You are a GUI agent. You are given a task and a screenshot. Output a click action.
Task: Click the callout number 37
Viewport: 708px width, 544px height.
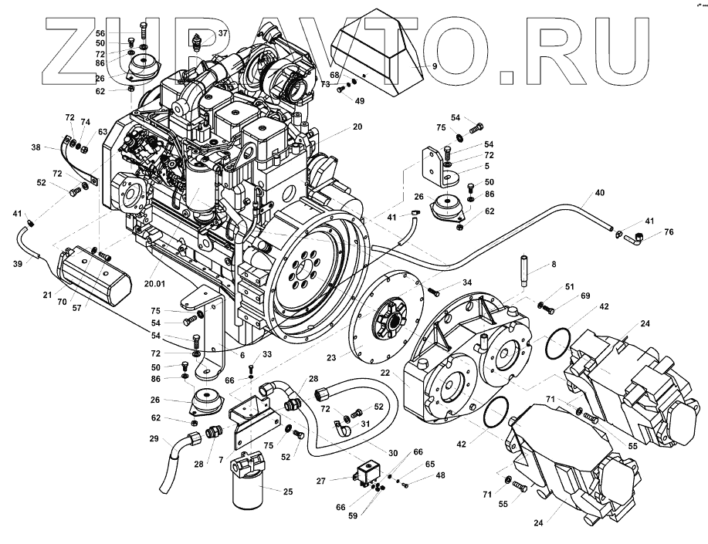pos(222,33)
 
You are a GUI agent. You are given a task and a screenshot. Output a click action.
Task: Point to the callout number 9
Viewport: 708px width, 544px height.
pos(435,67)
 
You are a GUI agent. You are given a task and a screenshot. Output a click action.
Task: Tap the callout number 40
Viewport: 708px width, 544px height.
pos(599,192)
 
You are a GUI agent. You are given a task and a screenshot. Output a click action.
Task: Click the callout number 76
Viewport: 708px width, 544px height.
pos(669,232)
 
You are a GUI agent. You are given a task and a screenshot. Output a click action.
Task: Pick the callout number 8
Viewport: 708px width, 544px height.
pos(552,264)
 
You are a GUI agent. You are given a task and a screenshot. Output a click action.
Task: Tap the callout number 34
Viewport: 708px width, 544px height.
pos(466,282)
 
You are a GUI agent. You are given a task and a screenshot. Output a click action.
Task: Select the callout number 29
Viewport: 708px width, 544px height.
pos(154,439)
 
